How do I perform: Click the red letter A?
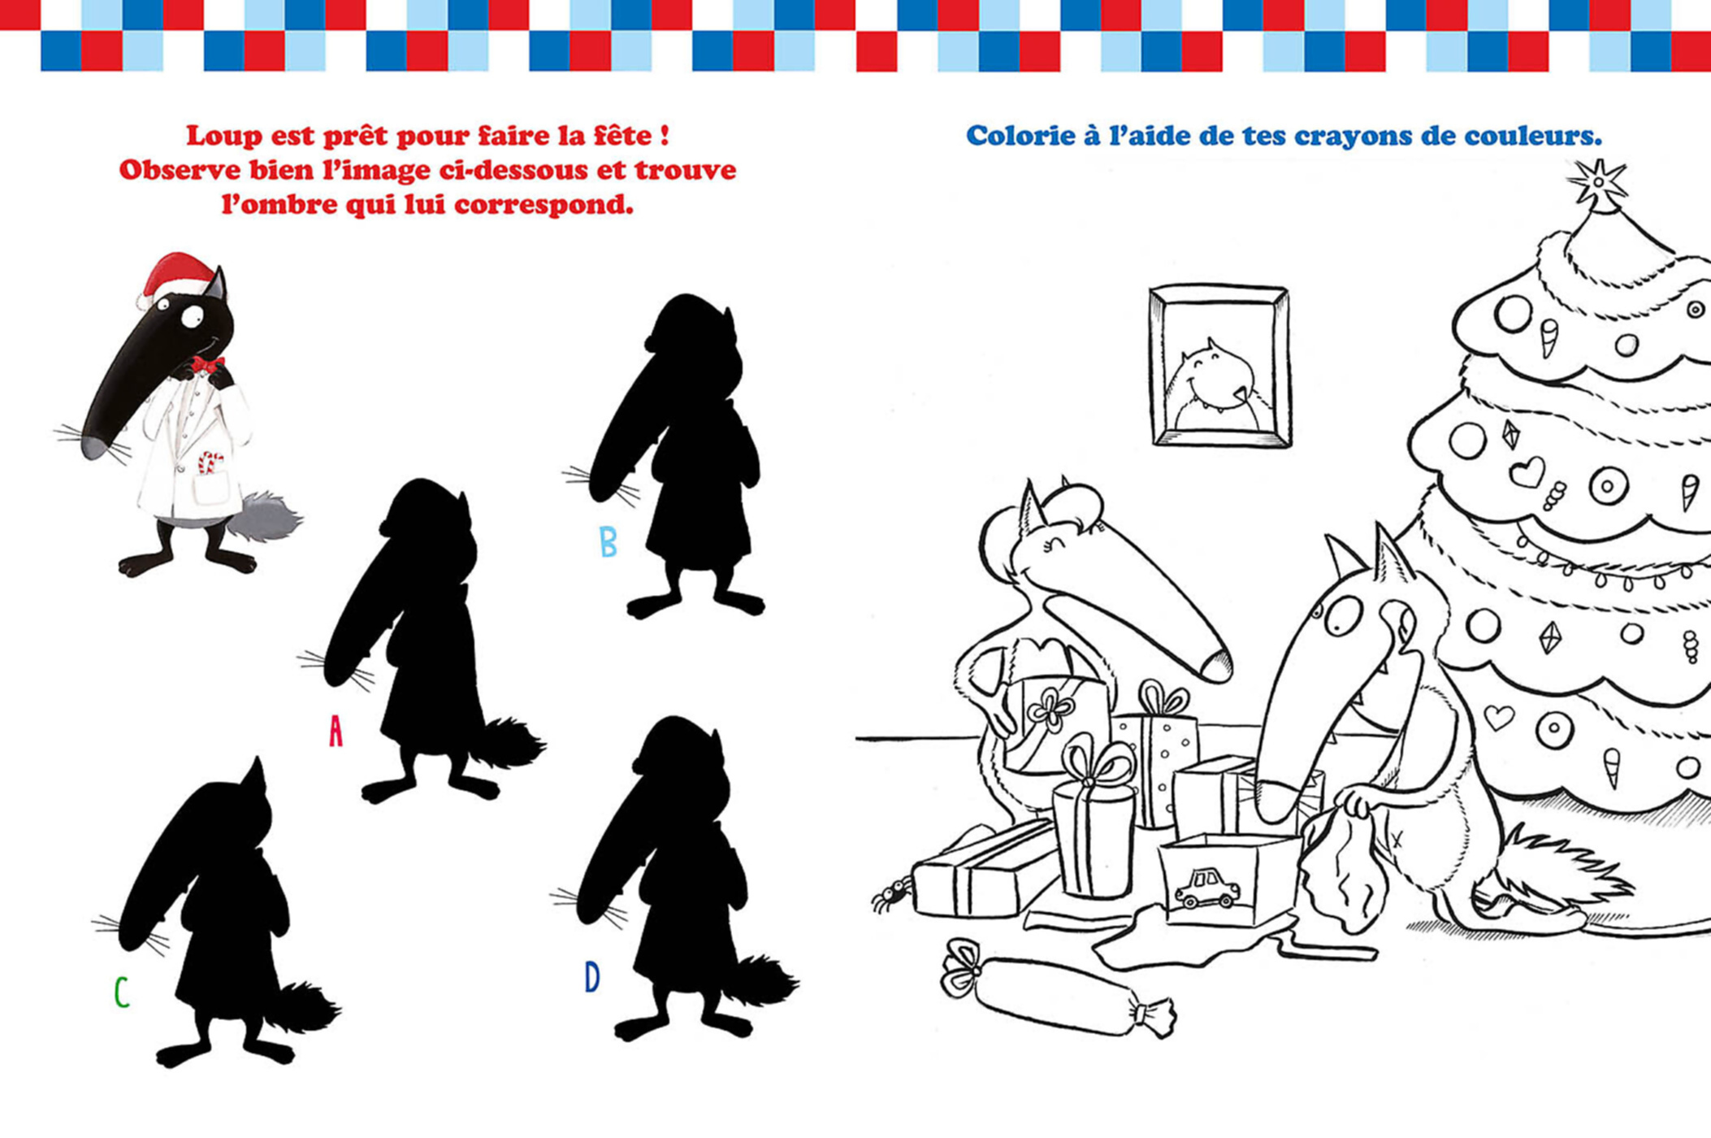point(336,731)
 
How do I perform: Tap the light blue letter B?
point(608,541)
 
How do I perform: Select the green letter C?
point(121,992)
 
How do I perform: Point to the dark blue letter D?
point(592,976)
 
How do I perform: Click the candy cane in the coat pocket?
point(210,464)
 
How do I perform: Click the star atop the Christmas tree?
point(1597,183)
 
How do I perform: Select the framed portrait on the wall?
point(1219,366)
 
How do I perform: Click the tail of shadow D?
point(764,981)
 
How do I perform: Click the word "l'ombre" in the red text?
point(277,205)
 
